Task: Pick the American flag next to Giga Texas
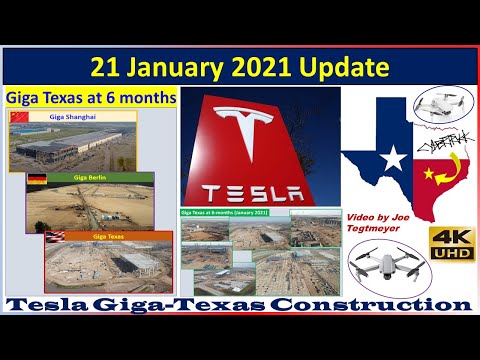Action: pyautogui.click(x=53, y=236)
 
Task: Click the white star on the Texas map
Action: pyautogui.click(x=393, y=157)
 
